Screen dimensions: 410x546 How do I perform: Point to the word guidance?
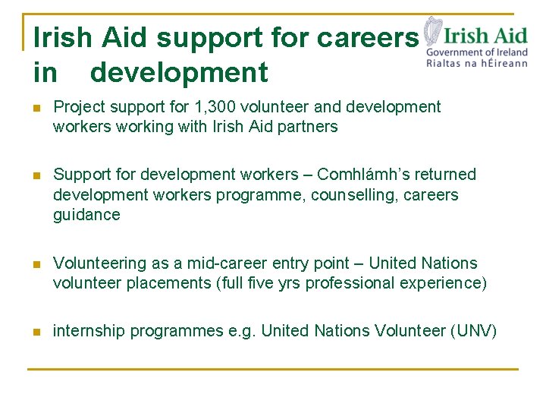tap(86, 215)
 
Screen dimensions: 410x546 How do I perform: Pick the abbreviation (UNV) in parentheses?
tap(473, 331)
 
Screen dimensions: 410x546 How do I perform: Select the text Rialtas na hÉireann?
tap(477, 64)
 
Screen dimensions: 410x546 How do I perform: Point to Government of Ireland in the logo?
tap(477, 52)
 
